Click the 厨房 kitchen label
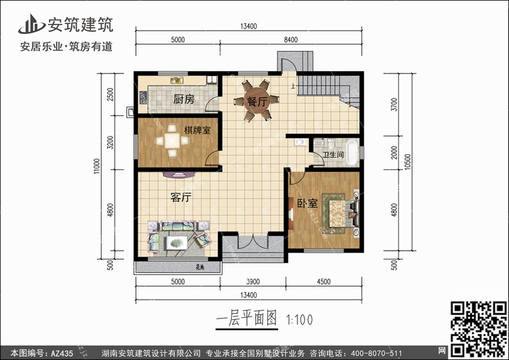183,99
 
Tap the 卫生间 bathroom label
333,156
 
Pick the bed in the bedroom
339,211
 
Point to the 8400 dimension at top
290,40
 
